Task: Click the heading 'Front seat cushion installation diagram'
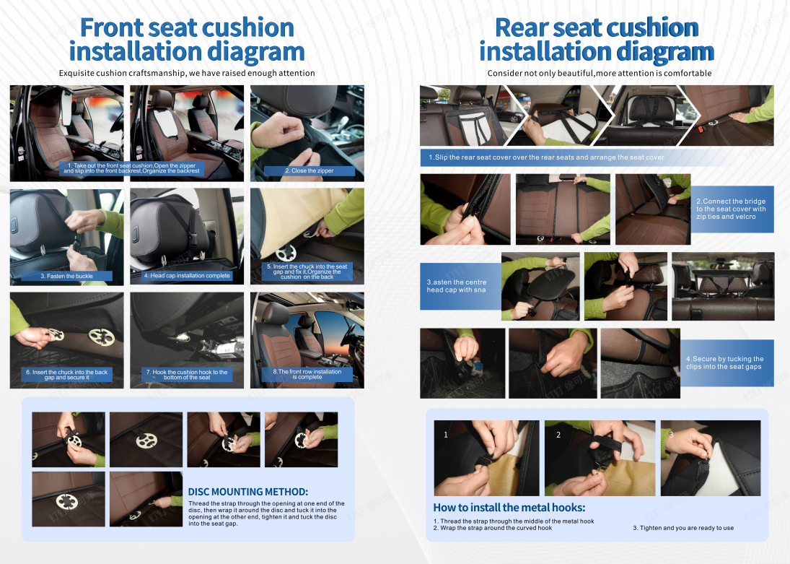(187, 39)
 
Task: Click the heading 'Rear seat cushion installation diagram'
(597, 39)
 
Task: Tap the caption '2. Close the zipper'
(310, 170)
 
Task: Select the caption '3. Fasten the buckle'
(66, 276)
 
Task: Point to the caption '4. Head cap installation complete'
(187, 275)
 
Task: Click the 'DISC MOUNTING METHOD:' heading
(248, 492)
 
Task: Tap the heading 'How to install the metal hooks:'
(509, 508)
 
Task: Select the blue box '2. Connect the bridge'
(732, 209)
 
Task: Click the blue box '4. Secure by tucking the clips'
(727, 363)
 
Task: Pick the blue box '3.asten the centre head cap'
(460, 286)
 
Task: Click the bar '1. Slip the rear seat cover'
(547, 157)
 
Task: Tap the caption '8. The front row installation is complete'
(307, 374)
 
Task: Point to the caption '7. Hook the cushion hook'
(187, 374)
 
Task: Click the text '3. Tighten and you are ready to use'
(683, 528)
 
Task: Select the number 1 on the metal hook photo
(445, 434)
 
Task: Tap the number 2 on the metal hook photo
(558, 434)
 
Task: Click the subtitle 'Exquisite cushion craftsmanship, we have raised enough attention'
(187, 73)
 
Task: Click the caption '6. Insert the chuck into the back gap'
(66, 374)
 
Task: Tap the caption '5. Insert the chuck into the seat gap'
(307, 272)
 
